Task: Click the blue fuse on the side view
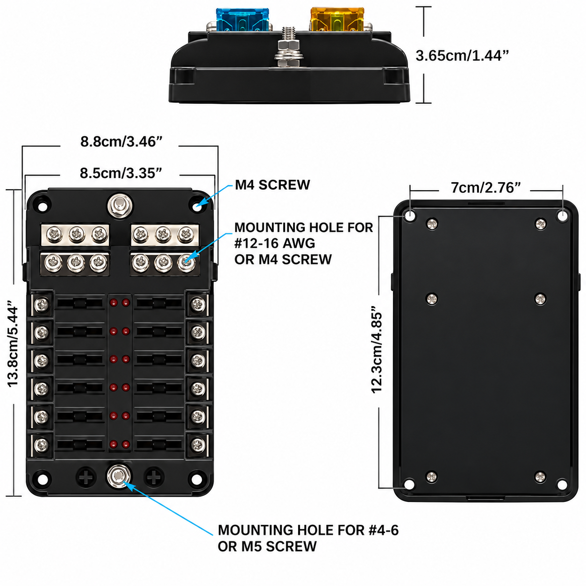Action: [243, 20]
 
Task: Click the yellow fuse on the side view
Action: [337, 20]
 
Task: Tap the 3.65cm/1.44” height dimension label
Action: [462, 56]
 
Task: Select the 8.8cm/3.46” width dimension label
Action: [121, 142]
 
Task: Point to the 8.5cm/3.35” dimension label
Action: [121, 173]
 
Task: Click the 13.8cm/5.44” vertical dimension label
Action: [13, 343]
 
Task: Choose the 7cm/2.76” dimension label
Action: [486, 188]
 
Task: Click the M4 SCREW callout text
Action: [272, 185]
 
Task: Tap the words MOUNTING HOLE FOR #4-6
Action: [308, 530]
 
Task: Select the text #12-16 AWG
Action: [275, 243]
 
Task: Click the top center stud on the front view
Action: [120, 206]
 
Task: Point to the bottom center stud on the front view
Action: [119, 476]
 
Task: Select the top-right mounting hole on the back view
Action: [563, 216]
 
